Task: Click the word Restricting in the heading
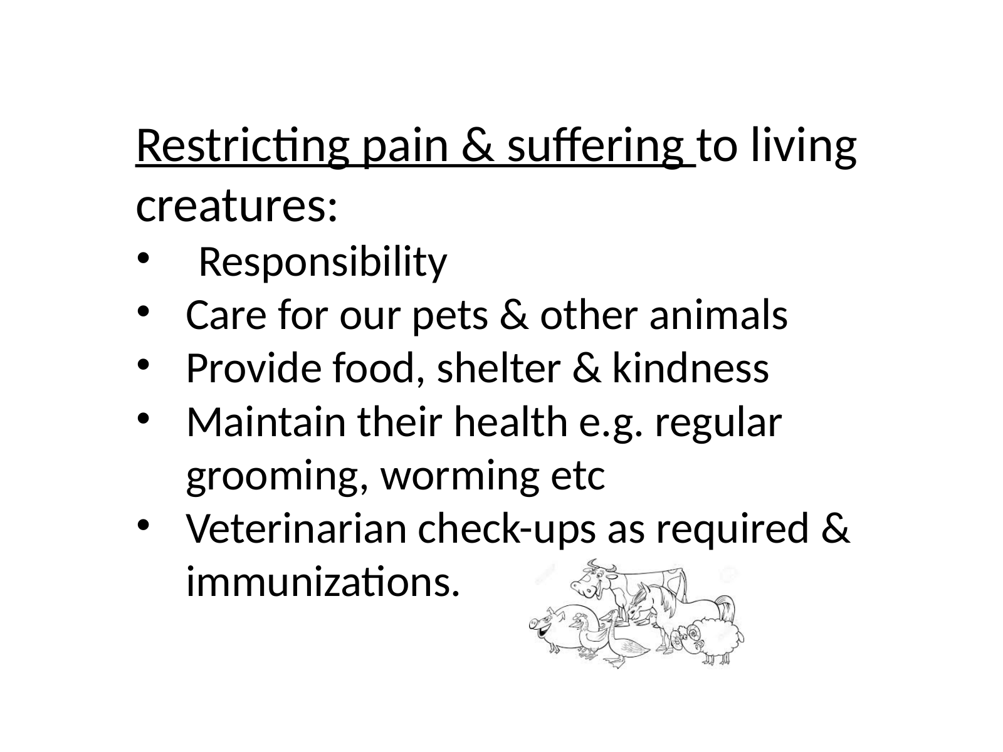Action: click(243, 146)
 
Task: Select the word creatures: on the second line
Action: click(237, 206)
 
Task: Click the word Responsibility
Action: click(323, 262)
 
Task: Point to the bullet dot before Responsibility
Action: click(143, 259)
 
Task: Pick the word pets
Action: click(450, 316)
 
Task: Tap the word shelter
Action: click(498, 368)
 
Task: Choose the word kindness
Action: click(690, 368)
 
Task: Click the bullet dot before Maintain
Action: click(143, 418)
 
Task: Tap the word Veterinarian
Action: click(296, 529)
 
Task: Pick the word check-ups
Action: click(507, 530)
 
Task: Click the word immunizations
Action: click(323, 582)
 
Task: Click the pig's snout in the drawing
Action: click(534, 624)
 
